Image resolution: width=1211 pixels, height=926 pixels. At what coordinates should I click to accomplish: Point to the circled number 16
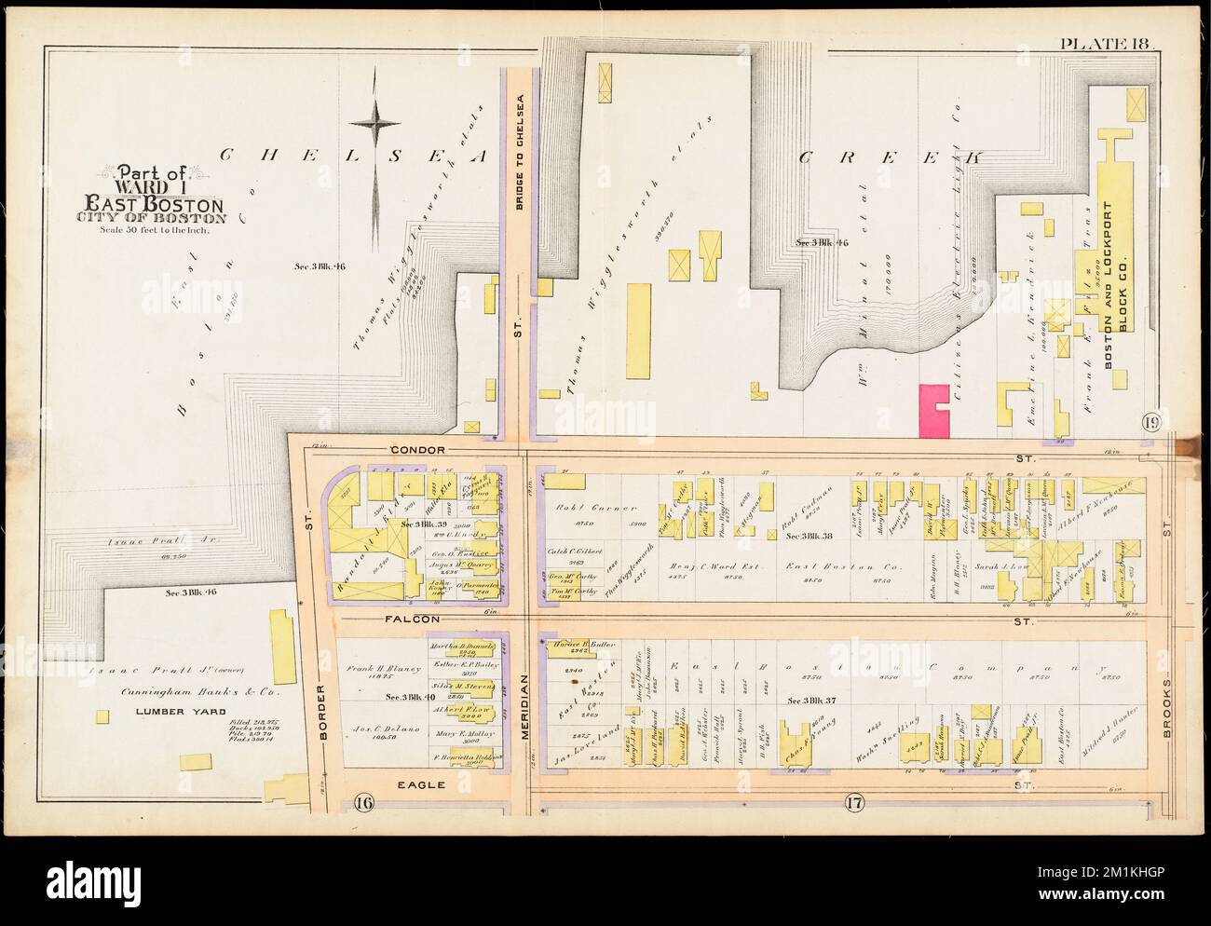pyautogui.click(x=363, y=800)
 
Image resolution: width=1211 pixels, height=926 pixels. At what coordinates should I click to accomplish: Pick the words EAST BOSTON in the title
pyautogui.click(x=153, y=204)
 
